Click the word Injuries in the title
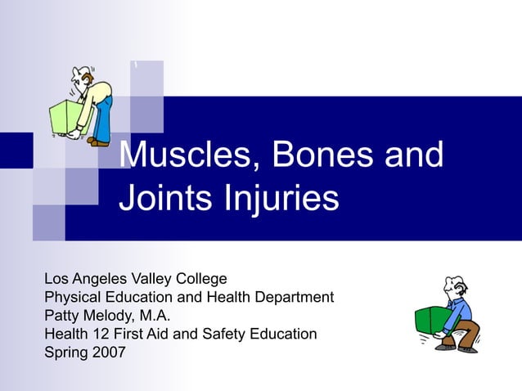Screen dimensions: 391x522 coord(280,199)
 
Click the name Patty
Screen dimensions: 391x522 coord(62,316)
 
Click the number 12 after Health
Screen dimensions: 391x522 coord(98,334)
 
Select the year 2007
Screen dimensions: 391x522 coord(110,353)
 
